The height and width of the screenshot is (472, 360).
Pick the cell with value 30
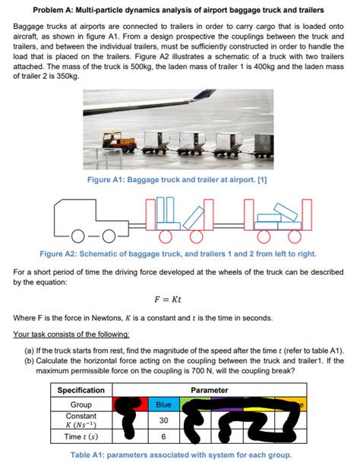pos(163,420)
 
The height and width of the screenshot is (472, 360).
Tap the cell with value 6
pos(163,438)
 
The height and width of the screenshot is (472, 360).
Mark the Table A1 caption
pos(179,455)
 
